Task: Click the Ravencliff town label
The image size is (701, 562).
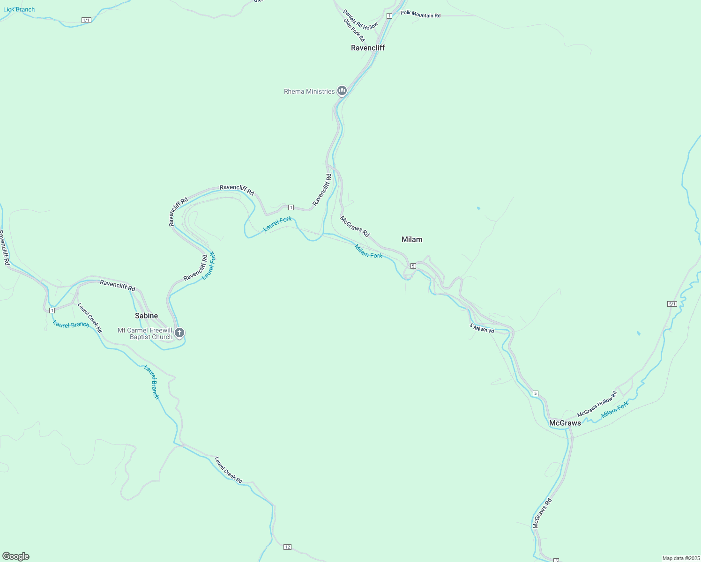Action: (368, 48)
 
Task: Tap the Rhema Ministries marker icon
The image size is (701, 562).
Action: (342, 91)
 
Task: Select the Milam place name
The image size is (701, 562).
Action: (412, 239)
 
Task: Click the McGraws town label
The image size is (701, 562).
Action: (565, 423)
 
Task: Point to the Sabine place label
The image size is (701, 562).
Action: (146, 316)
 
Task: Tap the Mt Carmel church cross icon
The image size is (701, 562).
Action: (179, 333)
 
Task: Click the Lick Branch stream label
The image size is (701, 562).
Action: (19, 9)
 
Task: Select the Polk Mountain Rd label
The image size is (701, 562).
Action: (420, 15)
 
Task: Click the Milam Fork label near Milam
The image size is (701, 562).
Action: (368, 251)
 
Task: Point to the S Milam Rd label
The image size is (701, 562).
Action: (482, 328)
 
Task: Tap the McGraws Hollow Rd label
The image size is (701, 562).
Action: (597, 404)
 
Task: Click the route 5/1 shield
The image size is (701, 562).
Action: (672, 304)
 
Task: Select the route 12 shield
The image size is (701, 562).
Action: (287, 547)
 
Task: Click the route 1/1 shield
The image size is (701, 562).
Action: (86, 20)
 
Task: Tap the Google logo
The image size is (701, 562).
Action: (16, 556)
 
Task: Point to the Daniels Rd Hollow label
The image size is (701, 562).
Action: (360, 20)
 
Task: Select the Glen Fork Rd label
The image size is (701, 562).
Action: (354, 30)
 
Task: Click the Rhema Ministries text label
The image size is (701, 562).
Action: (309, 91)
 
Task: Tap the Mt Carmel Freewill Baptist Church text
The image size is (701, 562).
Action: (145, 333)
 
